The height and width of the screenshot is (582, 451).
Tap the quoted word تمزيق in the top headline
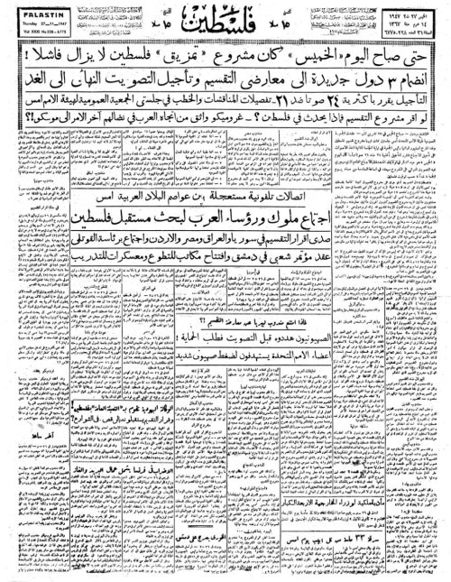[x=203, y=61]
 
